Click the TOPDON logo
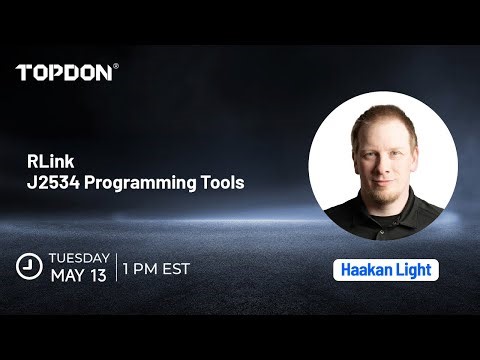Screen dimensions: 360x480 coord(65,72)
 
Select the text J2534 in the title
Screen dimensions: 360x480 coord(53,184)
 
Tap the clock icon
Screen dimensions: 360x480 coord(28,267)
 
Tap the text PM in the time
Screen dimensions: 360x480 coord(149,268)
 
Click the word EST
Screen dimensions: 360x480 coord(176,268)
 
